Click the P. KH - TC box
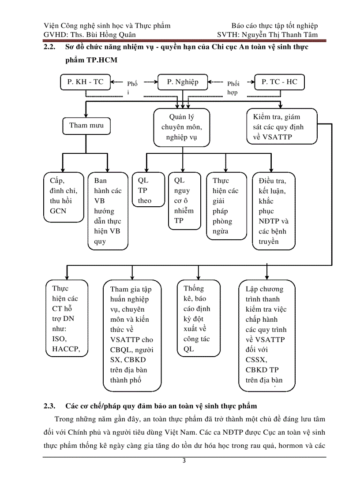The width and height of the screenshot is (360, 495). click(x=85, y=82)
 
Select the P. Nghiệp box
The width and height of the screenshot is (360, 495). click(x=183, y=82)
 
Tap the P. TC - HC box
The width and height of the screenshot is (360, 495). click(x=279, y=82)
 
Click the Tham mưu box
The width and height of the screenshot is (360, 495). click(x=86, y=126)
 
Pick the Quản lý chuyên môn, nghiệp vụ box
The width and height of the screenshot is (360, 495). click(x=181, y=127)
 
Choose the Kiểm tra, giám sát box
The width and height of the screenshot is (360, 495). click(x=281, y=127)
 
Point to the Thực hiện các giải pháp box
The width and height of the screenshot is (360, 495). click(x=225, y=206)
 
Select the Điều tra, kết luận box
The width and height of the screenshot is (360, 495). click(x=274, y=211)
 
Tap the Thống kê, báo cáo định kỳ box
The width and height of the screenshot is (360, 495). click(x=198, y=319)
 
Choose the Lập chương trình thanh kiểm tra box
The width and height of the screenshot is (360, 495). click(x=266, y=335)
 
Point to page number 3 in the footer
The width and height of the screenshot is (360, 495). click(x=184, y=462)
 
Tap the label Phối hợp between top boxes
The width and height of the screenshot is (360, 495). click(x=232, y=88)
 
